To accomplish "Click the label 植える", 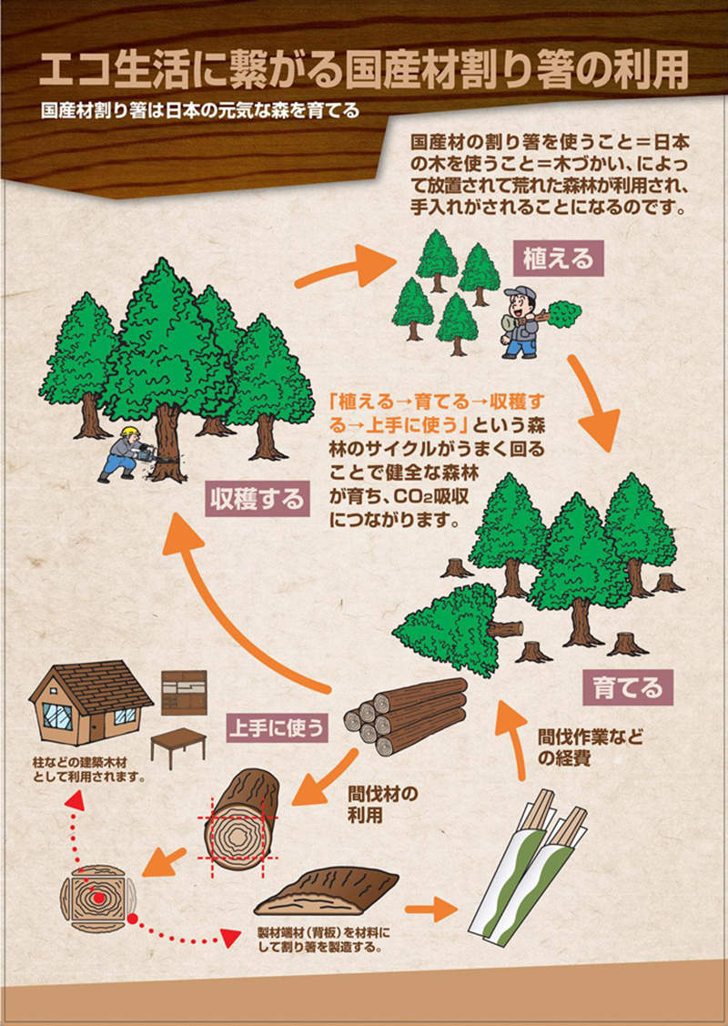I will (558, 259).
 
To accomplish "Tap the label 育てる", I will (627, 686).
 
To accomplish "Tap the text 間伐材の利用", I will (382, 804).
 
